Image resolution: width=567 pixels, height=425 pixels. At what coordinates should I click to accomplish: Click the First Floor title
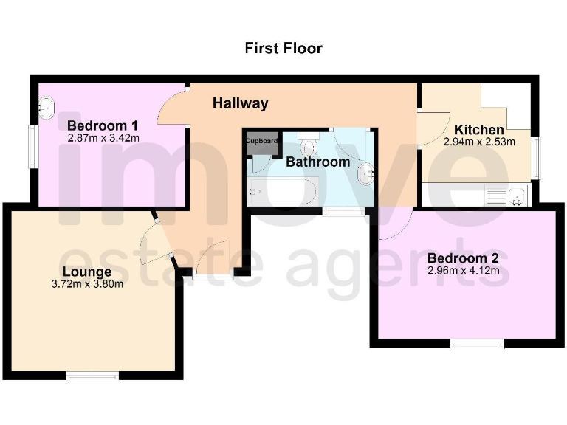pos(283,49)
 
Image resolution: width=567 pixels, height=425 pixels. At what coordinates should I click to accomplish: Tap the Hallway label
pos(240,104)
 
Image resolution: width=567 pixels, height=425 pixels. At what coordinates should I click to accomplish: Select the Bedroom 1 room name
pos(103,125)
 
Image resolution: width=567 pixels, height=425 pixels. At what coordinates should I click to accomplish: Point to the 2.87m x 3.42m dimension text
pos(103,137)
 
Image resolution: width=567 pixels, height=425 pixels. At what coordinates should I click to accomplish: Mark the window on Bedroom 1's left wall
pos(33,147)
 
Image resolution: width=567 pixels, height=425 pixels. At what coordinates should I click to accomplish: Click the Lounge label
pos(86,271)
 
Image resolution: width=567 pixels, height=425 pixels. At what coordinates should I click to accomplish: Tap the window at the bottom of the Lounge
pos(92,376)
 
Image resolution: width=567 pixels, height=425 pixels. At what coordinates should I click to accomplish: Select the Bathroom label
pos(317,162)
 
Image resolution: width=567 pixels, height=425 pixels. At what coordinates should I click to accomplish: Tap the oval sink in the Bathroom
pos(365,175)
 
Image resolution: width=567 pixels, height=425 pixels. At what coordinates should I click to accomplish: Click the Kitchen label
pos(479,130)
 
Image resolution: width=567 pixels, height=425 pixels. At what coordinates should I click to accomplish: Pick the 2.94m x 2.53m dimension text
pos(479,142)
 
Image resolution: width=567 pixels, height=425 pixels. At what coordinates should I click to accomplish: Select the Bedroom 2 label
pos(463,258)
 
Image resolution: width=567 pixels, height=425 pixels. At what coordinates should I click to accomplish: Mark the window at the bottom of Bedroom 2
pos(478,343)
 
